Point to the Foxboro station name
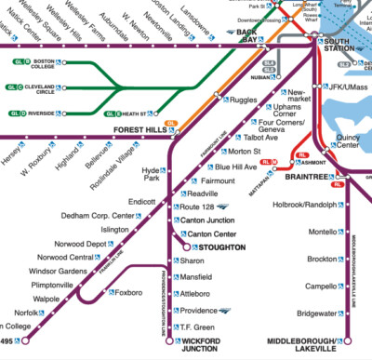pos(127,292)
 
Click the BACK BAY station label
pos(247,35)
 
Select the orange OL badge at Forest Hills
pos(170,123)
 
